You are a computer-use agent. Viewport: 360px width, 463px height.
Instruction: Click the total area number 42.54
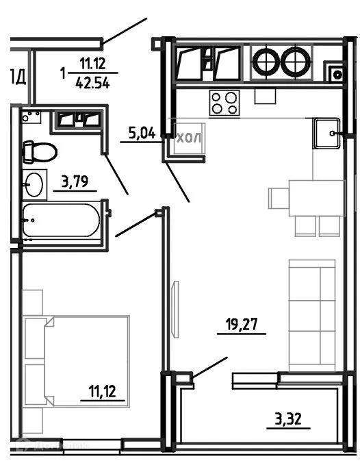95,84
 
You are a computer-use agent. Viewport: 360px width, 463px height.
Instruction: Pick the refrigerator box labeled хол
188,139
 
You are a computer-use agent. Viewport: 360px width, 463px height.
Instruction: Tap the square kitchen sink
327,132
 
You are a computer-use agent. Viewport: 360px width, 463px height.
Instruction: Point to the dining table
316,197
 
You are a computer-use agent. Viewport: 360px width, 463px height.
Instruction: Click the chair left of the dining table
278,198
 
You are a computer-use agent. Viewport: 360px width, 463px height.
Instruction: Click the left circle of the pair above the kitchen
266,63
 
